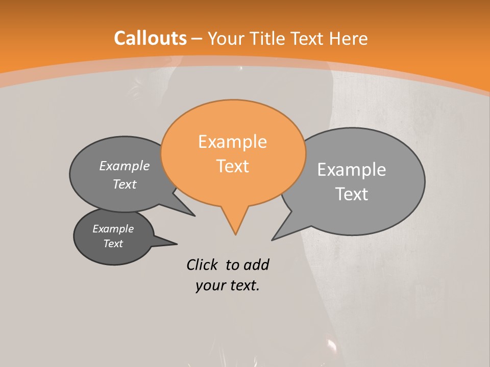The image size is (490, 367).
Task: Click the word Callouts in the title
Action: pyautogui.click(x=150, y=38)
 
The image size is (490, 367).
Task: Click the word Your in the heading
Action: pyautogui.click(x=227, y=38)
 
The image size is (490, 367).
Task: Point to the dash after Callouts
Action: pyautogui.click(x=197, y=38)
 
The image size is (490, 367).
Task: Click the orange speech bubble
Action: pyautogui.click(x=233, y=122)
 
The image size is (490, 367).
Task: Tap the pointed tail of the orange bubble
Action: pyautogui.click(x=235, y=224)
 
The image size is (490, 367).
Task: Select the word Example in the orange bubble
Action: pyautogui.click(x=232, y=142)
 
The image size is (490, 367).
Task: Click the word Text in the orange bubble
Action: pyautogui.click(x=233, y=166)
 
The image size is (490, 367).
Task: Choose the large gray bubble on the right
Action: pyautogui.click(x=378, y=153)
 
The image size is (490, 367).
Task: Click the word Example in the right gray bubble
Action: pyautogui.click(x=352, y=170)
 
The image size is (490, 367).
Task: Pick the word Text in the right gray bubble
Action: pyautogui.click(x=352, y=194)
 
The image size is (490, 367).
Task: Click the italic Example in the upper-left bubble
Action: pyautogui.click(x=125, y=166)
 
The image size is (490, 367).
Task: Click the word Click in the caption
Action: pyautogui.click(x=202, y=265)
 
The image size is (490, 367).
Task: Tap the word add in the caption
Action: pyautogui.click(x=256, y=265)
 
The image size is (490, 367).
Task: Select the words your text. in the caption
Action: pyautogui.click(x=228, y=285)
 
